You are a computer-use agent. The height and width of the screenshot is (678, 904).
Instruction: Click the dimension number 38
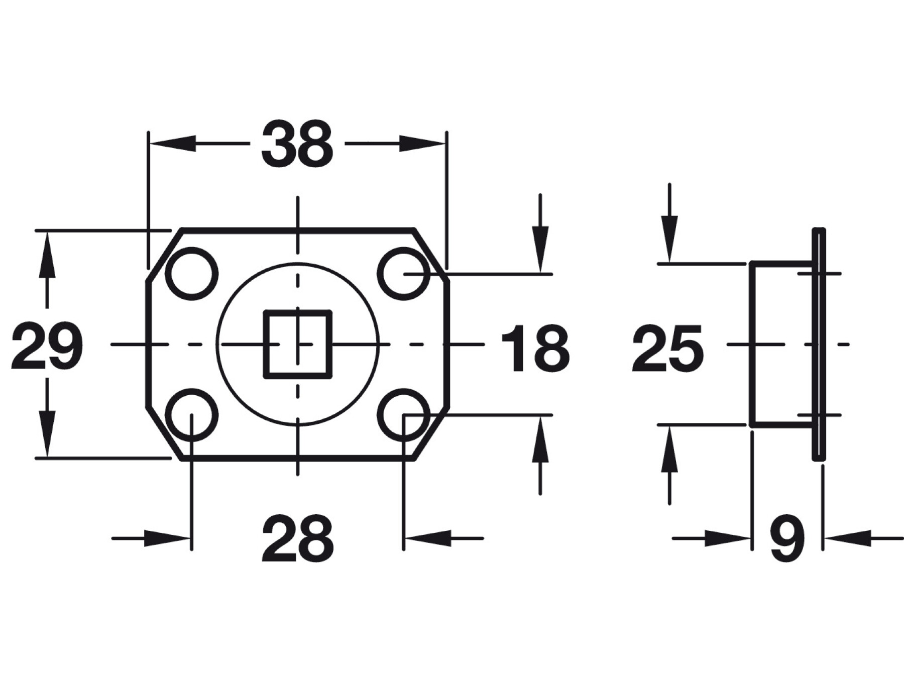pyautogui.click(x=297, y=144)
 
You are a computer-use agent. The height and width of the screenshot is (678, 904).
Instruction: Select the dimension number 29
pyautogui.click(x=47, y=346)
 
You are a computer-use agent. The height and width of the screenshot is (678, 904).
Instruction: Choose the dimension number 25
pyautogui.click(x=668, y=349)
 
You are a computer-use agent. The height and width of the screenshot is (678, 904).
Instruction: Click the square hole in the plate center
pyautogui.click(x=298, y=344)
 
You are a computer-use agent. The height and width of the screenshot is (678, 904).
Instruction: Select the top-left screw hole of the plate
pyautogui.click(x=192, y=274)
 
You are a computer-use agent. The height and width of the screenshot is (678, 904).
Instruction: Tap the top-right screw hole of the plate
pyautogui.click(x=404, y=274)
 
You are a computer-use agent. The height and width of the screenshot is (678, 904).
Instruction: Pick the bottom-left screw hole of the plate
pyautogui.click(x=192, y=415)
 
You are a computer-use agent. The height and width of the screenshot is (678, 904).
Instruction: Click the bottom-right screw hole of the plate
pyautogui.click(x=404, y=415)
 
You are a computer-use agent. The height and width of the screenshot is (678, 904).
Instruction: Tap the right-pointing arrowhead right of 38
pyautogui.click(x=422, y=144)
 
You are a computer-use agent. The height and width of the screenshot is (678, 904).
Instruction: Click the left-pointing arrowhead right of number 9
pyautogui.click(x=848, y=538)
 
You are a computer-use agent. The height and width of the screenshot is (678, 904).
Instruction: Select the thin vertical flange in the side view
pyautogui.click(x=819, y=344)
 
